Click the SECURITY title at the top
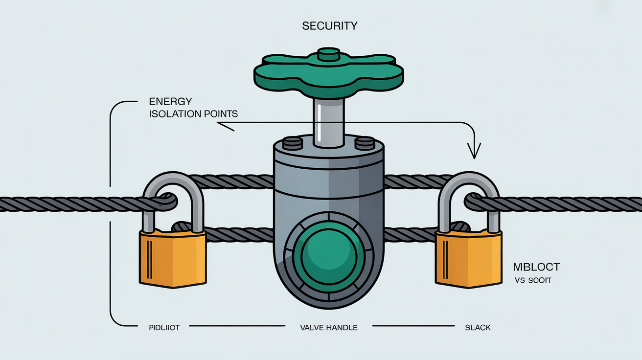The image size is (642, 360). pos(330,26)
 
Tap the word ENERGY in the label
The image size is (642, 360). pos(170,102)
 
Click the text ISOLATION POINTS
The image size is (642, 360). pos(193,114)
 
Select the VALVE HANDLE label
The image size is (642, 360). pos(328,327)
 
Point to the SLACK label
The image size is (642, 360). pos(478,327)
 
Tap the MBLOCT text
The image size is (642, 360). pos(536,267)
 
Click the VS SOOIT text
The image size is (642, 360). pos(532,281)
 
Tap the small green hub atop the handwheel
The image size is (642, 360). pos(328,54)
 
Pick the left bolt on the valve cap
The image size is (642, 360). pos(293,143)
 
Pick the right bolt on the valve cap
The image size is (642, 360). pos(364,143)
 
